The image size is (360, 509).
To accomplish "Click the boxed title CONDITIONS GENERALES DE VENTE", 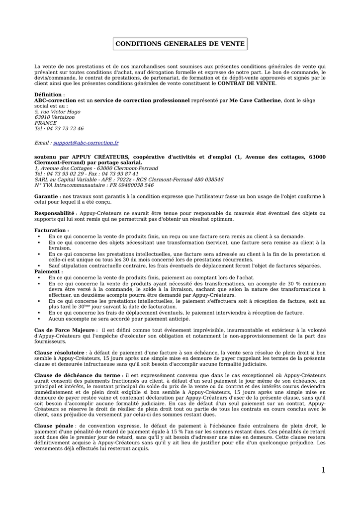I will (x=180, y=44).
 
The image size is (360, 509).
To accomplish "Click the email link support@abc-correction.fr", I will (x=86, y=143).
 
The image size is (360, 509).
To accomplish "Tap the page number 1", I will (x=323, y=470).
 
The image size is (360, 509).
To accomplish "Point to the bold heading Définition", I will (x=48, y=94).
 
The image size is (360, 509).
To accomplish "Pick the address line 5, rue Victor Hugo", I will (x=57, y=112).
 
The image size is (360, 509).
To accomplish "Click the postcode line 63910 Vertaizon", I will (x=55, y=117).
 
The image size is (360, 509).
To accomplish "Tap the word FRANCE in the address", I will (x=45, y=123).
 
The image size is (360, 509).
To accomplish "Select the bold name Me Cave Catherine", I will (x=255, y=100).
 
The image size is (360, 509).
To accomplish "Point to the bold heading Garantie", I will (x=46, y=196).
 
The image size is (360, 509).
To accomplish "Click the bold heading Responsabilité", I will (x=54, y=213).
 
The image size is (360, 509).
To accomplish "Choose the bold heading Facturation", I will (x=50, y=231).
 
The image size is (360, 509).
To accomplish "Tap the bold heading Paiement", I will (x=47, y=272).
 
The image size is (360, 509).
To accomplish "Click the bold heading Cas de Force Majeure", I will (x=64, y=330).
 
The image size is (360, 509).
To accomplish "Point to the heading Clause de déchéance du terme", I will (x=77, y=375).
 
